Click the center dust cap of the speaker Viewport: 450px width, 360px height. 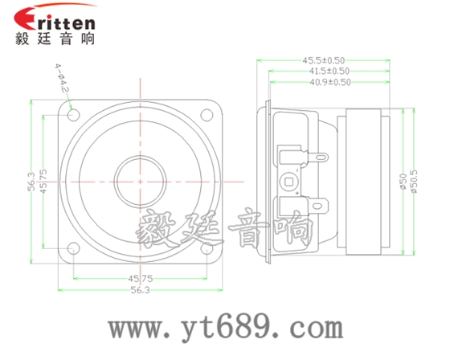(141, 181)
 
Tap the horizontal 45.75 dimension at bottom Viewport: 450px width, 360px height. (141, 279)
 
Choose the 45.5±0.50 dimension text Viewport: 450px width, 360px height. (324, 60)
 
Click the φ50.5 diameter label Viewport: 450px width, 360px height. (415, 182)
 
